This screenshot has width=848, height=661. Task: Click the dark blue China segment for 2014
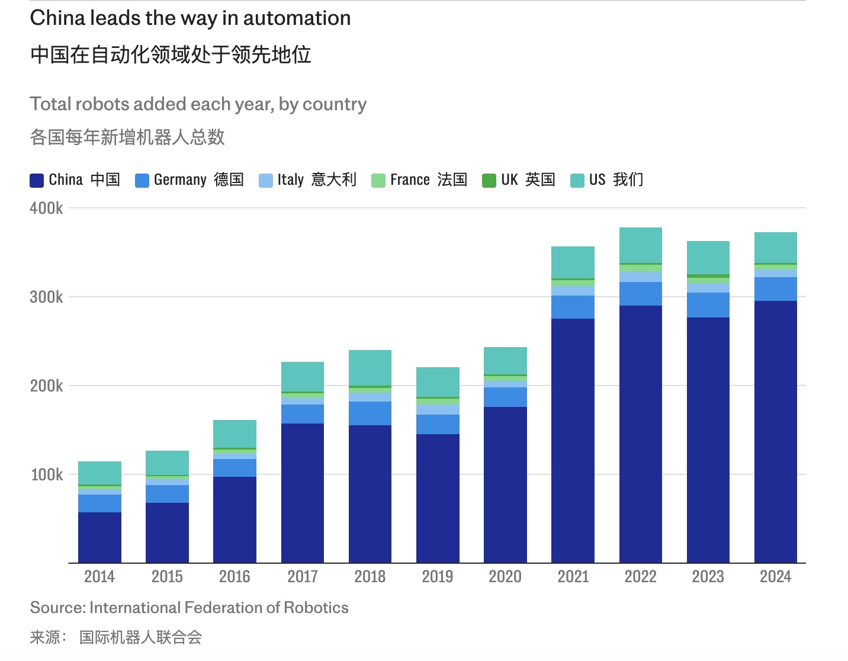99,537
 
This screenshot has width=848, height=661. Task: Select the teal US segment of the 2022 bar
640,245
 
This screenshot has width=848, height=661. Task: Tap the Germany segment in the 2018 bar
370,413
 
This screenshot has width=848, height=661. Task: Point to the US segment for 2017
303,377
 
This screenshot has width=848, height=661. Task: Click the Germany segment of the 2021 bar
573,307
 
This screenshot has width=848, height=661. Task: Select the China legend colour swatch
37,180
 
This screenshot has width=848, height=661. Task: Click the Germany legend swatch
142,180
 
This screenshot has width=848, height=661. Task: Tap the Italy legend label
290,179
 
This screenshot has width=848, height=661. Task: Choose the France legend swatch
378,180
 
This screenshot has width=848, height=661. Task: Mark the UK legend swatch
489,180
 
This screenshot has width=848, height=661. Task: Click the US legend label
598,179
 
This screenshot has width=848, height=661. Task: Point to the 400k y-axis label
46,208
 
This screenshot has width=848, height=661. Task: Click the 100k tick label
46,474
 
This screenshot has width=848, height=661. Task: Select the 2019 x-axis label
438,576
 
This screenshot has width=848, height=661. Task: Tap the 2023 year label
708,576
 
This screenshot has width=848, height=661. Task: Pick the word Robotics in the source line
316,608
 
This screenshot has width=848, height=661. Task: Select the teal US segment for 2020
505,361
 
